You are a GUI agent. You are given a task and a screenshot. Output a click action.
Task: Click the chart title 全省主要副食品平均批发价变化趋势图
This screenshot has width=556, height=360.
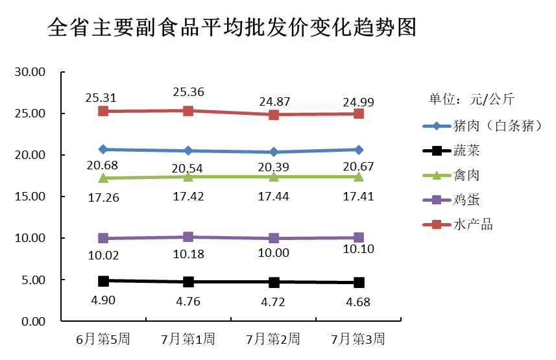[232, 27]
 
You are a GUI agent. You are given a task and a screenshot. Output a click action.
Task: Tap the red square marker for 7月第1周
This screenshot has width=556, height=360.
[188, 111]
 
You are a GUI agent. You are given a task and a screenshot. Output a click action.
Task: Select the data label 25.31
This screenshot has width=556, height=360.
[101, 98]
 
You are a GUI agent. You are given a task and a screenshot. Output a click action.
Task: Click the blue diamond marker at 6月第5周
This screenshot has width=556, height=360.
[103, 149]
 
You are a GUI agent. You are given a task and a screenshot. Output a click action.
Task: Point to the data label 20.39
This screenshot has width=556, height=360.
[274, 167]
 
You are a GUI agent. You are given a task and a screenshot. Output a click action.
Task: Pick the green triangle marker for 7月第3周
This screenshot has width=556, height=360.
[359, 176]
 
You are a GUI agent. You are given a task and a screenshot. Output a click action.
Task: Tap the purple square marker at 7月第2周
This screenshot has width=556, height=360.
[274, 238]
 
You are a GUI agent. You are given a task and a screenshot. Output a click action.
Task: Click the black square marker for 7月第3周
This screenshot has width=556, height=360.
[359, 282]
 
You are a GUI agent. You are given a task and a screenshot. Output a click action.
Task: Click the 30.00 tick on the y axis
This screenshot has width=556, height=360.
[29, 72]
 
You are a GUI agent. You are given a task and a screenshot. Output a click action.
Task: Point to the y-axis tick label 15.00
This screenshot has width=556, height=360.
[29, 197]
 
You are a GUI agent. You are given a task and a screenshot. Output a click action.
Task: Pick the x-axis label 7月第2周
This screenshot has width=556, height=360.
[274, 339]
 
